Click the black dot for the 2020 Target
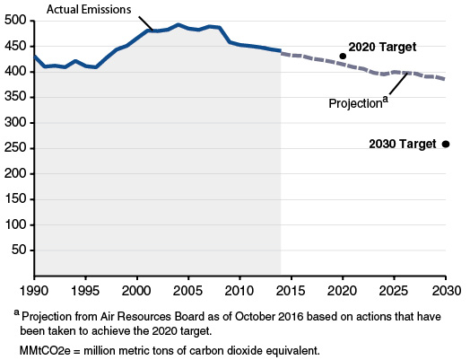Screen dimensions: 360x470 (x=343, y=56)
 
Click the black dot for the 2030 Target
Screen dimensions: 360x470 (x=446, y=144)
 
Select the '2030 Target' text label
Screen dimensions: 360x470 (x=402, y=144)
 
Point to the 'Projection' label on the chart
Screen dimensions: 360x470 (x=355, y=103)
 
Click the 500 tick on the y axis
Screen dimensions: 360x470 (x=15, y=21)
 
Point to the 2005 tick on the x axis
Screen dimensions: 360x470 (x=187, y=292)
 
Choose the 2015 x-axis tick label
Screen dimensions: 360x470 (x=291, y=292)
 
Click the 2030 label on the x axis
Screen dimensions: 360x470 (x=446, y=292)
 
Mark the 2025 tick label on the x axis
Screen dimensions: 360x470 (x=394, y=292)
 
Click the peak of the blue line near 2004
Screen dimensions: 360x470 (x=178, y=25)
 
